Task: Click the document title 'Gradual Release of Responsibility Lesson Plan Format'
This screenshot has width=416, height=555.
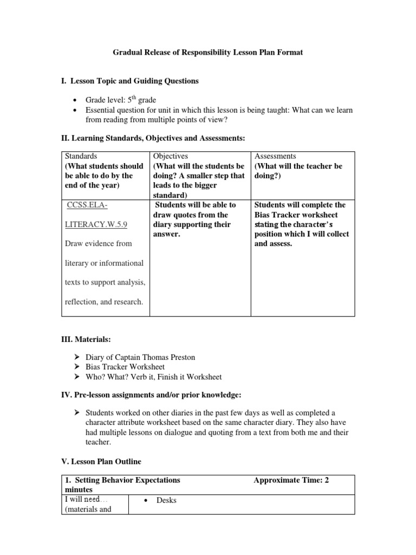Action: tap(207, 53)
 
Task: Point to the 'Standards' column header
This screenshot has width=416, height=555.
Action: tap(81, 156)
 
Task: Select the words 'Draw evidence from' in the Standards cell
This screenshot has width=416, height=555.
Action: tap(98, 243)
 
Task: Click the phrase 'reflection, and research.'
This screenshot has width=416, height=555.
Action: tap(103, 302)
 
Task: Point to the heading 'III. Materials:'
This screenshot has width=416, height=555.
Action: tap(86, 339)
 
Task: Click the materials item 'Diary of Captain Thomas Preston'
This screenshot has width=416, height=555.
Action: tap(140, 357)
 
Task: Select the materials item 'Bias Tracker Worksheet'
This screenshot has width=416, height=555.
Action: tap(125, 367)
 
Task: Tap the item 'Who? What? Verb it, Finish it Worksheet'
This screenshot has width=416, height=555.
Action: tap(154, 377)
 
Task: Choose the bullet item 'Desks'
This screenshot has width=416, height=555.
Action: tap(166, 500)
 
